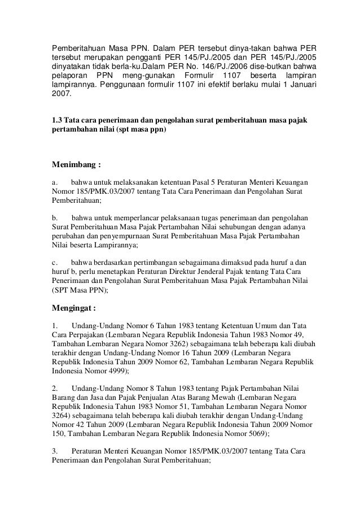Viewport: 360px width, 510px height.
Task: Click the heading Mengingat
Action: (x=74, y=309)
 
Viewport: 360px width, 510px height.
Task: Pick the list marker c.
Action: (x=54, y=262)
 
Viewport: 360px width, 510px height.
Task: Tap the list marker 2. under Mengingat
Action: (x=54, y=389)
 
